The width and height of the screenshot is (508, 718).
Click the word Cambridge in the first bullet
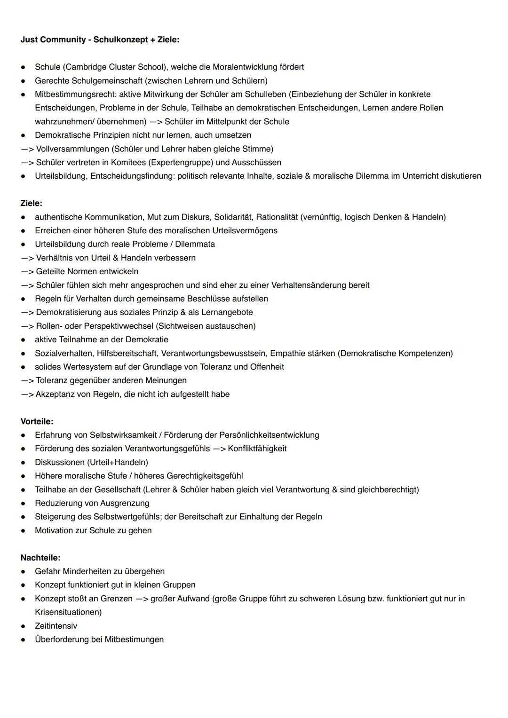point(87,67)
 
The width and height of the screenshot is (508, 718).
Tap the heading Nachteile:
point(40,558)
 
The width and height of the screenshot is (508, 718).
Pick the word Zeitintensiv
point(56,626)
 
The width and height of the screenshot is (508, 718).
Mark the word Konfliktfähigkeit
point(257,449)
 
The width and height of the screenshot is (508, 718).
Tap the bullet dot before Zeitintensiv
point(23,626)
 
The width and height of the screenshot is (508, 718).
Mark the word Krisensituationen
point(68,612)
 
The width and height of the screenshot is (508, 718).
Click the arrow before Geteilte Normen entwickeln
point(27,272)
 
